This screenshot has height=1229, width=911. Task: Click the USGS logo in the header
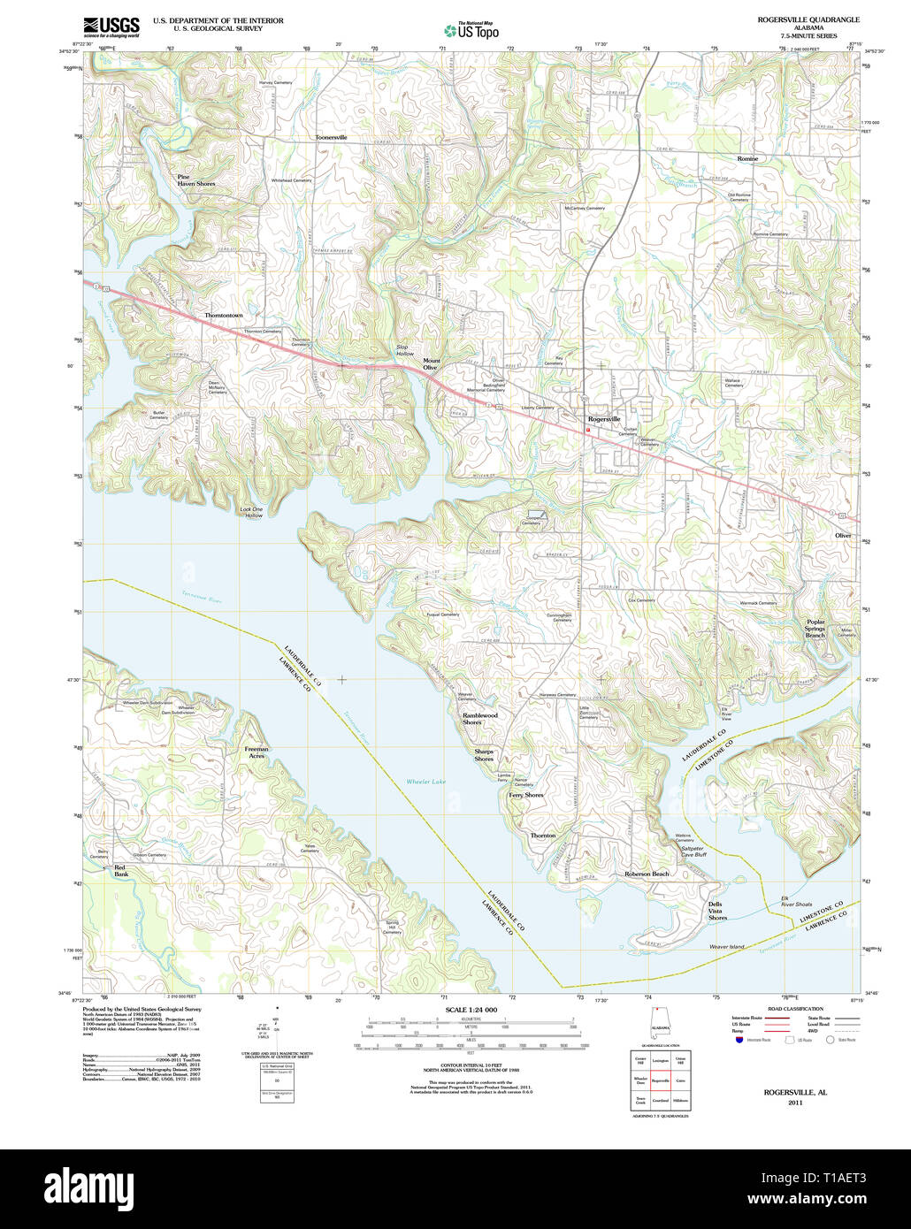tap(111, 27)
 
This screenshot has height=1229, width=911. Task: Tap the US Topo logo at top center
tap(471, 31)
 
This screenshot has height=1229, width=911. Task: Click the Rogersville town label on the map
tap(604, 419)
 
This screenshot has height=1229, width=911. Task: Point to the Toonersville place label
tap(331, 138)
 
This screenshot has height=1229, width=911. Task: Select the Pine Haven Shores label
tap(195, 179)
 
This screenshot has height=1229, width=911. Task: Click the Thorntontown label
tap(223, 316)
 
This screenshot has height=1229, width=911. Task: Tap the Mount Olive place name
tap(431, 363)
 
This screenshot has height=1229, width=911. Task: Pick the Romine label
tap(747, 158)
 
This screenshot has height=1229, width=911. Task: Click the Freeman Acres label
tap(256, 752)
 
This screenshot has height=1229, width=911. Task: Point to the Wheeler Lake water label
tap(426, 782)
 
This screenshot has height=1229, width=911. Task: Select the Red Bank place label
tap(121, 871)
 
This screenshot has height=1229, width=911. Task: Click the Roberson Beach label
tap(647, 874)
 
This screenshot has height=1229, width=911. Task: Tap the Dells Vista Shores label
tap(716, 911)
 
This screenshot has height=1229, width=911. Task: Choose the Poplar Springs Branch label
tap(815, 629)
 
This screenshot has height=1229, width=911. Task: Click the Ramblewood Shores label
tap(479, 719)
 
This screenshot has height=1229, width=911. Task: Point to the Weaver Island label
tap(726, 946)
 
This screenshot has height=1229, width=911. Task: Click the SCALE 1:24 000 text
tap(471, 1010)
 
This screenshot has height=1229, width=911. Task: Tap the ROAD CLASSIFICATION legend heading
tap(795, 1009)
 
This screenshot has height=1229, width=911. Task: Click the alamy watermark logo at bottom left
tap(88, 1188)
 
